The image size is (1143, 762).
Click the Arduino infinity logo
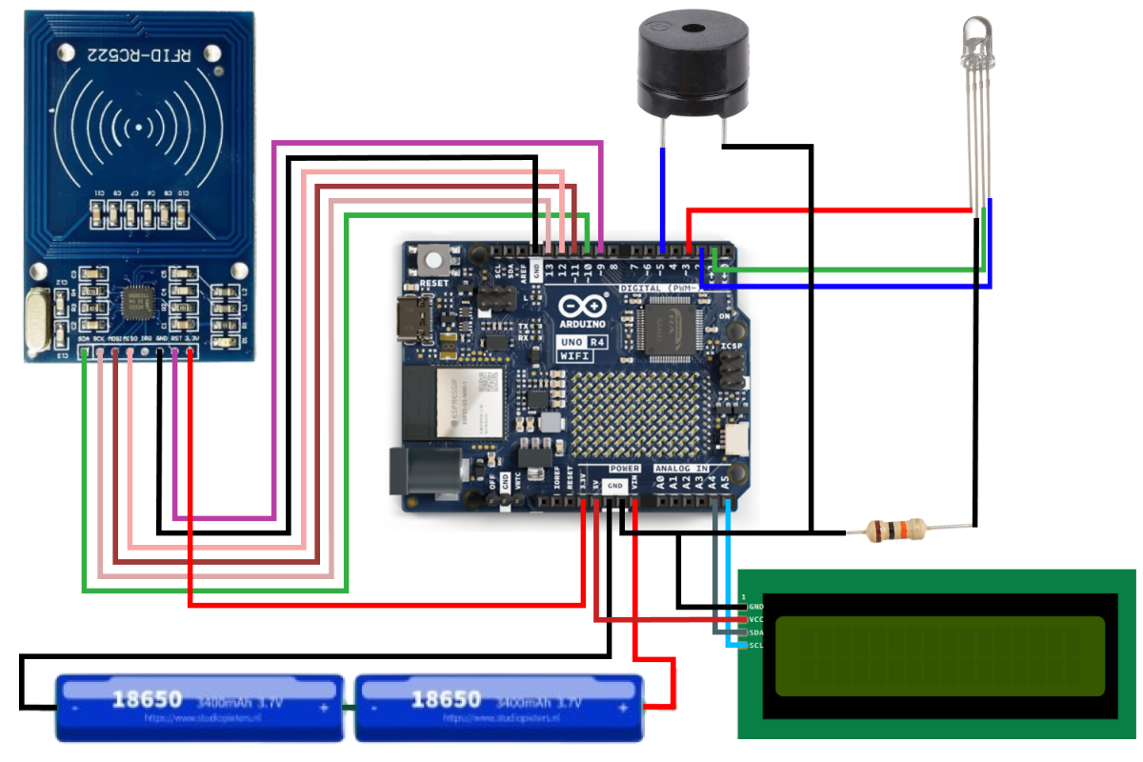582,306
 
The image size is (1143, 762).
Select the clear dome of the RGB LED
977,33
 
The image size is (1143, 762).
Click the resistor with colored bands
894,529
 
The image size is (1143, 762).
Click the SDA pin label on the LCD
756,632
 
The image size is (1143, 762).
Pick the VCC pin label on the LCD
756,619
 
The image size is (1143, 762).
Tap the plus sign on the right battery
623,709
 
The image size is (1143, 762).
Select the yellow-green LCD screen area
939,655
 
